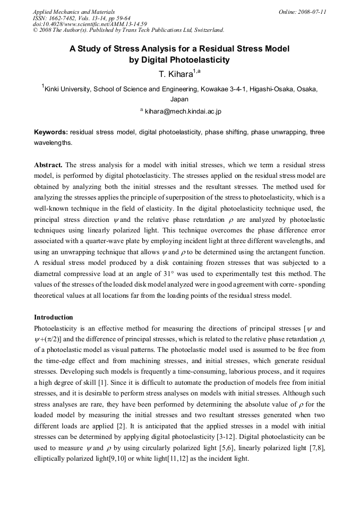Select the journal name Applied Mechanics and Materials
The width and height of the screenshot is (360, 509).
pyautogui.click(x=74, y=11)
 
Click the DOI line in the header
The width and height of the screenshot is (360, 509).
pyautogui.click(x=90, y=24)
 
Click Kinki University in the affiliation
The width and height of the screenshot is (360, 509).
pyautogui.click(x=69, y=89)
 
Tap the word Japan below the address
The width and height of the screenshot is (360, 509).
pyautogui.click(x=179, y=99)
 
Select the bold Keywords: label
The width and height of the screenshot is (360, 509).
pyautogui.click(x=51, y=132)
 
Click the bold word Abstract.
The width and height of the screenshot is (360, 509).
pyautogui.click(x=48, y=165)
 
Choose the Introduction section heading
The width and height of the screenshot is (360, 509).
pyautogui.click(x=54, y=317)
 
